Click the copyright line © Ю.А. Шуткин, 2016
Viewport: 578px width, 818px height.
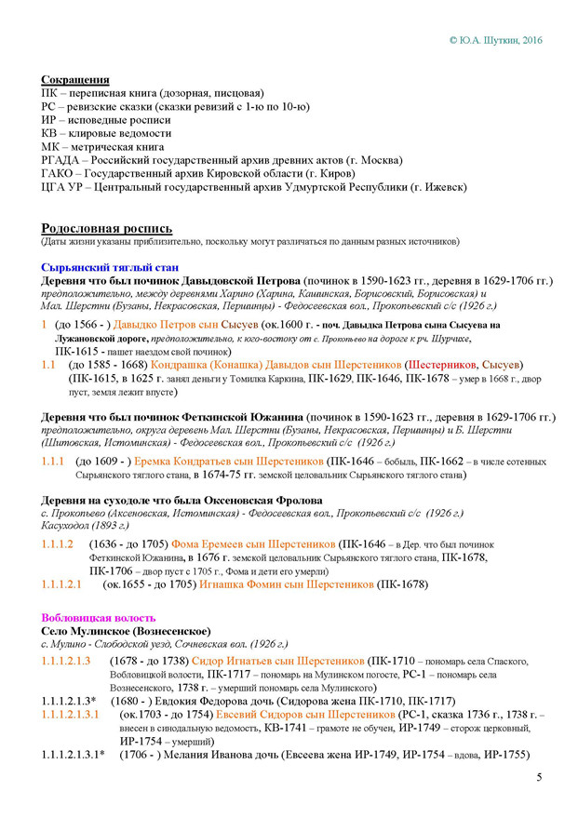click(x=494, y=41)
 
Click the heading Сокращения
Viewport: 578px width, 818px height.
click(x=75, y=80)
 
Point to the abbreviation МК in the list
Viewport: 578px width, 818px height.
click(x=52, y=147)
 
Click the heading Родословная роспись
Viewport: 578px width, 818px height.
click(x=107, y=228)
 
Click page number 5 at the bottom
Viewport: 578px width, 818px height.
click(x=539, y=777)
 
